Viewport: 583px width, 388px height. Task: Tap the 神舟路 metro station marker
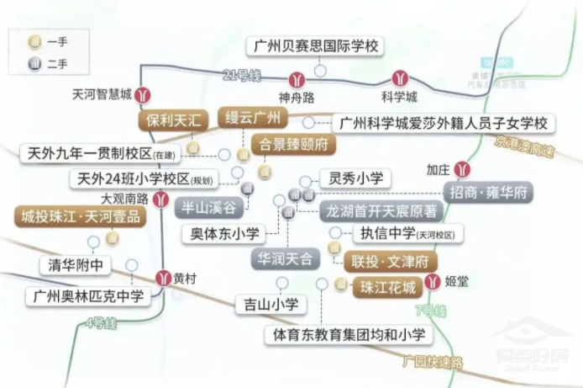click(x=296, y=81)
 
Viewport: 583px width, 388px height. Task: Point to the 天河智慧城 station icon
click(x=145, y=96)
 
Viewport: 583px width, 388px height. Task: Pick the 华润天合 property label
click(x=285, y=257)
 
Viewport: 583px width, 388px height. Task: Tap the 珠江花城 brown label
click(x=388, y=287)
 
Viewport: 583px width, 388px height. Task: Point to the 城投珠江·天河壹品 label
click(x=81, y=216)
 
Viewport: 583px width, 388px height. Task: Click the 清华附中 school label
click(x=76, y=266)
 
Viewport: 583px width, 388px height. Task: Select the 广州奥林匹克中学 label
click(x=88, y=296)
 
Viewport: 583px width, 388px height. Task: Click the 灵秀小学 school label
click(x=355, y=178)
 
